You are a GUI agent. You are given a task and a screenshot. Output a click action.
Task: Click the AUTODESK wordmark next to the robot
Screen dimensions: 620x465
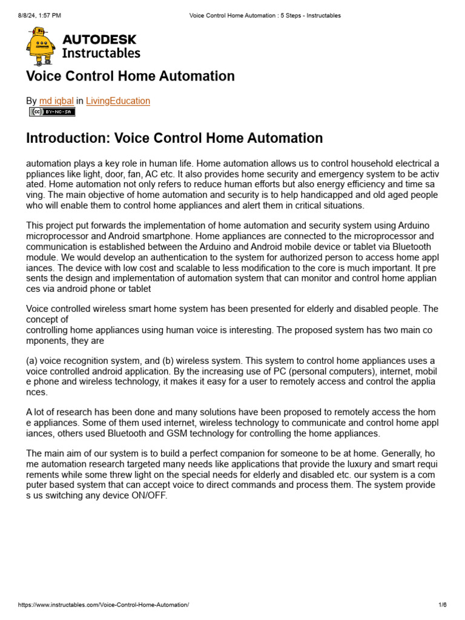click(x=100, y=40)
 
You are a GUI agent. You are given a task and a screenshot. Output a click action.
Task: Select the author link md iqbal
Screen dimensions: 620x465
click(x=56, y=101)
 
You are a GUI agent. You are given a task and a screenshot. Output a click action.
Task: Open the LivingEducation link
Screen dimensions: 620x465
click(x=118, y=101)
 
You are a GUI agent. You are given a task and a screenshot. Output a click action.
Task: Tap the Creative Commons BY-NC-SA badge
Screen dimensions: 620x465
click(x=51, y=112)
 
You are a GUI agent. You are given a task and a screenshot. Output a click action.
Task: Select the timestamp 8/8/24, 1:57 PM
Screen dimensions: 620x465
click(x=39, y=16)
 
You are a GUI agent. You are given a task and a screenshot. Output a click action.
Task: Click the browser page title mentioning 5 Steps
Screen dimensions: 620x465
click(x=261, y=16)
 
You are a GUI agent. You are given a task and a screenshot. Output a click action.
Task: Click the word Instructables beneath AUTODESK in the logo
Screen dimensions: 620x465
click(x=101, y=53)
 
